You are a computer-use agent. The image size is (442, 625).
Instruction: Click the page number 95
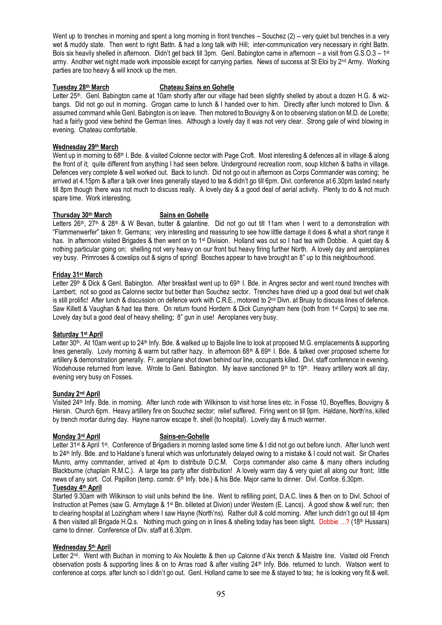[221, 594]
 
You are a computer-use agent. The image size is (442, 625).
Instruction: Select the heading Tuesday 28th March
[81, 87]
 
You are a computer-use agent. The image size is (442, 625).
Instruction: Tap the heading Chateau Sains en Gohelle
[197, 87]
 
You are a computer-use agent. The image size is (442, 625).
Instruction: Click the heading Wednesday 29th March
[85, 147]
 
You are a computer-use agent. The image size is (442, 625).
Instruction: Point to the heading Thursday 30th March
[82, 215]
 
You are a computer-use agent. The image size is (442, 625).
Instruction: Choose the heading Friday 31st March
[77, 275]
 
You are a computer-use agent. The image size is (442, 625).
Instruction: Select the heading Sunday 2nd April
[76, 394]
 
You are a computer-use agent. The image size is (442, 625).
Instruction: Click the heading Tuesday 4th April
[77, 487]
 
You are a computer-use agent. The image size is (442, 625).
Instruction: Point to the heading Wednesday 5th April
[82, 547]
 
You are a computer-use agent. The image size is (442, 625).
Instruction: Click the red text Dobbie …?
[334, 522]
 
